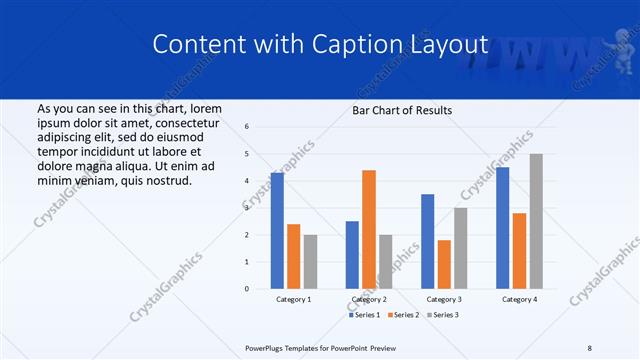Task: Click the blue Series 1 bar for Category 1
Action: (277, 231)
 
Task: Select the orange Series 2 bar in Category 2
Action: (369, 230)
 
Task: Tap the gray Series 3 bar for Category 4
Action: (536, 221)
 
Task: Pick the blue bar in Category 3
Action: (428, 241)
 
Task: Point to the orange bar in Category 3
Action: (444, 264)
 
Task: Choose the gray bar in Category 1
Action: (310, 262)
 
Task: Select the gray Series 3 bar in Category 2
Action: (386, 262)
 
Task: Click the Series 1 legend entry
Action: (364, 315)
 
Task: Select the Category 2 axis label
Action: (369, 299)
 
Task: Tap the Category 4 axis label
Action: (519, 299)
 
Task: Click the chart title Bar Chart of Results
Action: (402, 110)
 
